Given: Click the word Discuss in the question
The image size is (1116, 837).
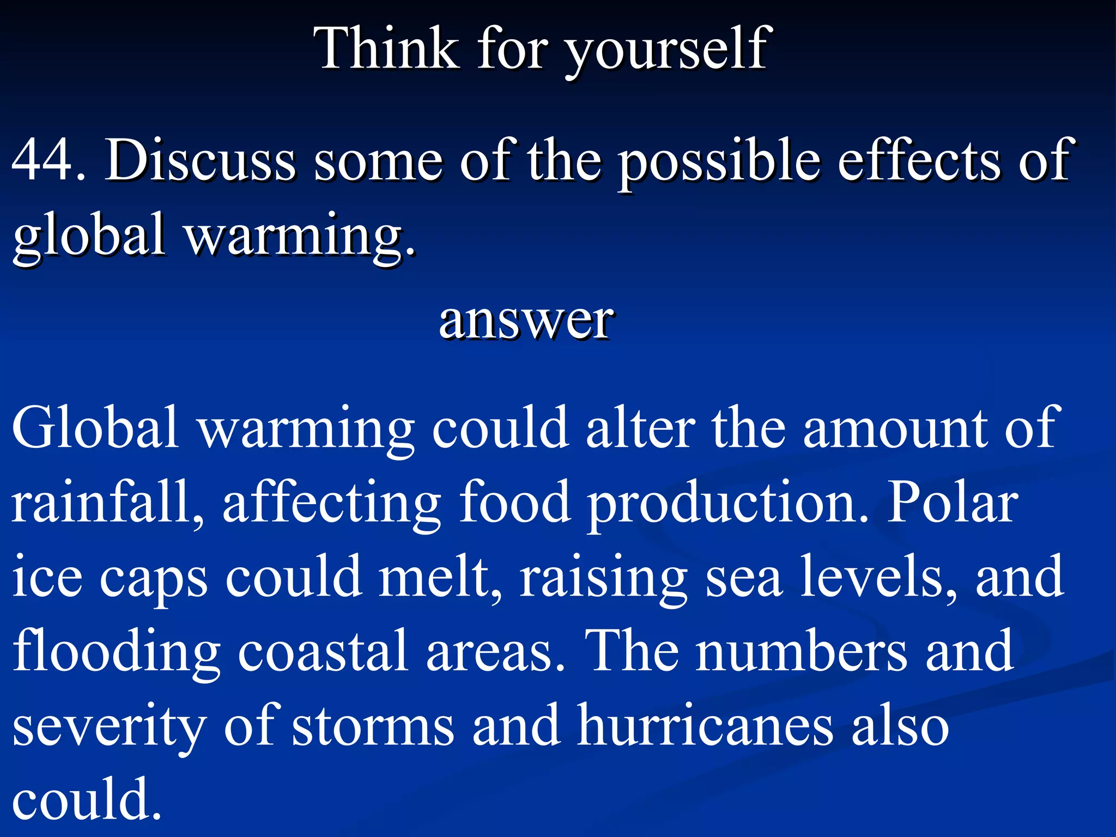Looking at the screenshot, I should [x=201, y=160].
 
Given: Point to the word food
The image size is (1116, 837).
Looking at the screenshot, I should [x=514, y=502].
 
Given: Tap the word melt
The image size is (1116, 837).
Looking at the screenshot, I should [x=439, y=577].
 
